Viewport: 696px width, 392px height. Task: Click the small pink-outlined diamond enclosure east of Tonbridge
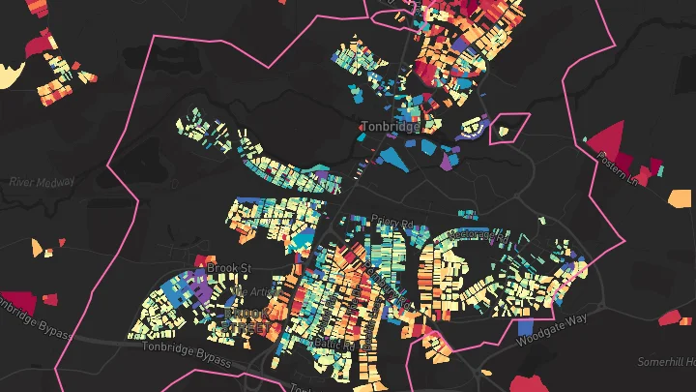(x=510, y=127)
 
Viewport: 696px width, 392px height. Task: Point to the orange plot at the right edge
(x=681, y=198)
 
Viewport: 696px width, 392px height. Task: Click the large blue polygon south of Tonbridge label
(x=395, y=155)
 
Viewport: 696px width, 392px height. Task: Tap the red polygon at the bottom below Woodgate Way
(x=523, y=382)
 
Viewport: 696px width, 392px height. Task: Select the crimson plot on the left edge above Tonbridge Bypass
(x=16, y=302)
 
